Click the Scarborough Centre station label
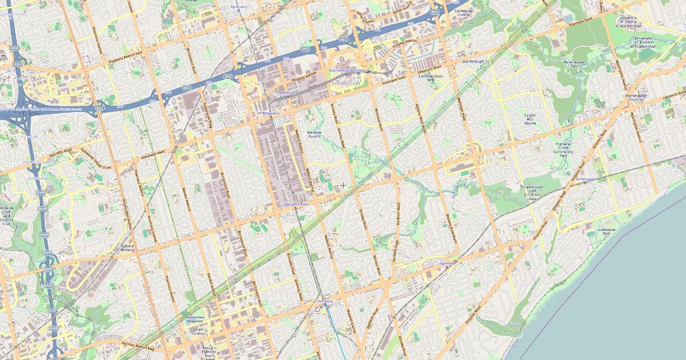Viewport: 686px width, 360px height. pyautogui.click(x=346, y=70)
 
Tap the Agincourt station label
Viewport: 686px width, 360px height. pyautogui.click(x=238, y=7)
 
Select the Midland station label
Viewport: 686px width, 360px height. pyautogui.click(x=289, y=93)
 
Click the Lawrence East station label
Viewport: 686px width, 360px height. pyautogui.click(x=296, y=204)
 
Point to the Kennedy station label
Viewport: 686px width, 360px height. pyautogui.click(x=325, y=301)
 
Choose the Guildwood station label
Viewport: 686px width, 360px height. pyautogui.click(x=585, y=179)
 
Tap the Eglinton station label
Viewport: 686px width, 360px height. pyautogui.click(x=448, y=263)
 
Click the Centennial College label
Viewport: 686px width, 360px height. pyautogui.click(x=464, y=13)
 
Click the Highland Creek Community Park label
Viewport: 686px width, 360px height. pyautogui.click(x=564, y=150)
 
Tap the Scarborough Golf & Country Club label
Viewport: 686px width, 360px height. pyautogui.click(x=532, y=193)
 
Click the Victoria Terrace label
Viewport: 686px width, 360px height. pyautogui.click(x=126, y=248)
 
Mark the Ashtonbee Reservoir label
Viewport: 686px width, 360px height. pyautogui.click(x=195, y=319)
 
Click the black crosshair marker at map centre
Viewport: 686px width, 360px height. pyautogui.click(x=343, y=185)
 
